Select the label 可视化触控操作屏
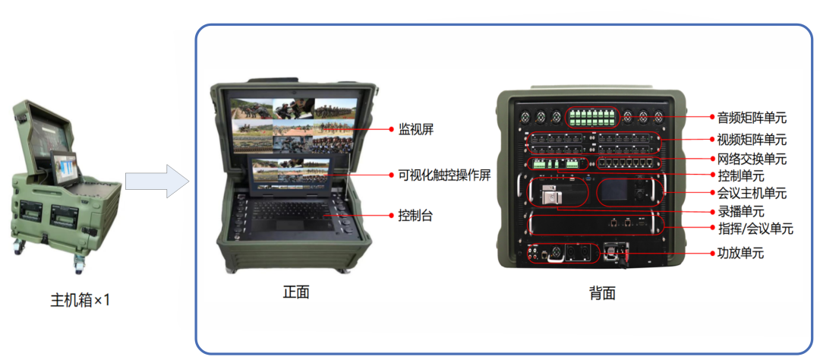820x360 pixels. pyautogui.click(x=444, y=175)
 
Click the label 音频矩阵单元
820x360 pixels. pyautogui.click(x=752, y=118)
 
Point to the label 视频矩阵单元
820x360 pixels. pyautogui.click(x=752, y=140)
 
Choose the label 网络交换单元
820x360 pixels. pyautogui.click(x=752, y=158)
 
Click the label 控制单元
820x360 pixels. pyautogui.click(x=740, y=175)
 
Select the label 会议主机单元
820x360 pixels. pyautogui.click(x=752, y=193)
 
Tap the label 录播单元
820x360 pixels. pyautogui.click(x=740, y=211)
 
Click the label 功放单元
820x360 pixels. pyautogui.click(x=740, y=254)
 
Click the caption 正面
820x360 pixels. pyautogui.click(x=296, y=292)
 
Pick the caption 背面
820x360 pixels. pyautogui.click(x=602, y=293)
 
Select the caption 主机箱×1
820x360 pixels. pyautogui.click(x=80, y=300)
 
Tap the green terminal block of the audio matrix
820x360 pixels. pyautogui.click(x=593, y=117)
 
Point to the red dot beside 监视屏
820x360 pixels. pyautogui.click(x=391, y=128)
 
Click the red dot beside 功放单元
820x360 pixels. pyautogui.click(x=712, y=254)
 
